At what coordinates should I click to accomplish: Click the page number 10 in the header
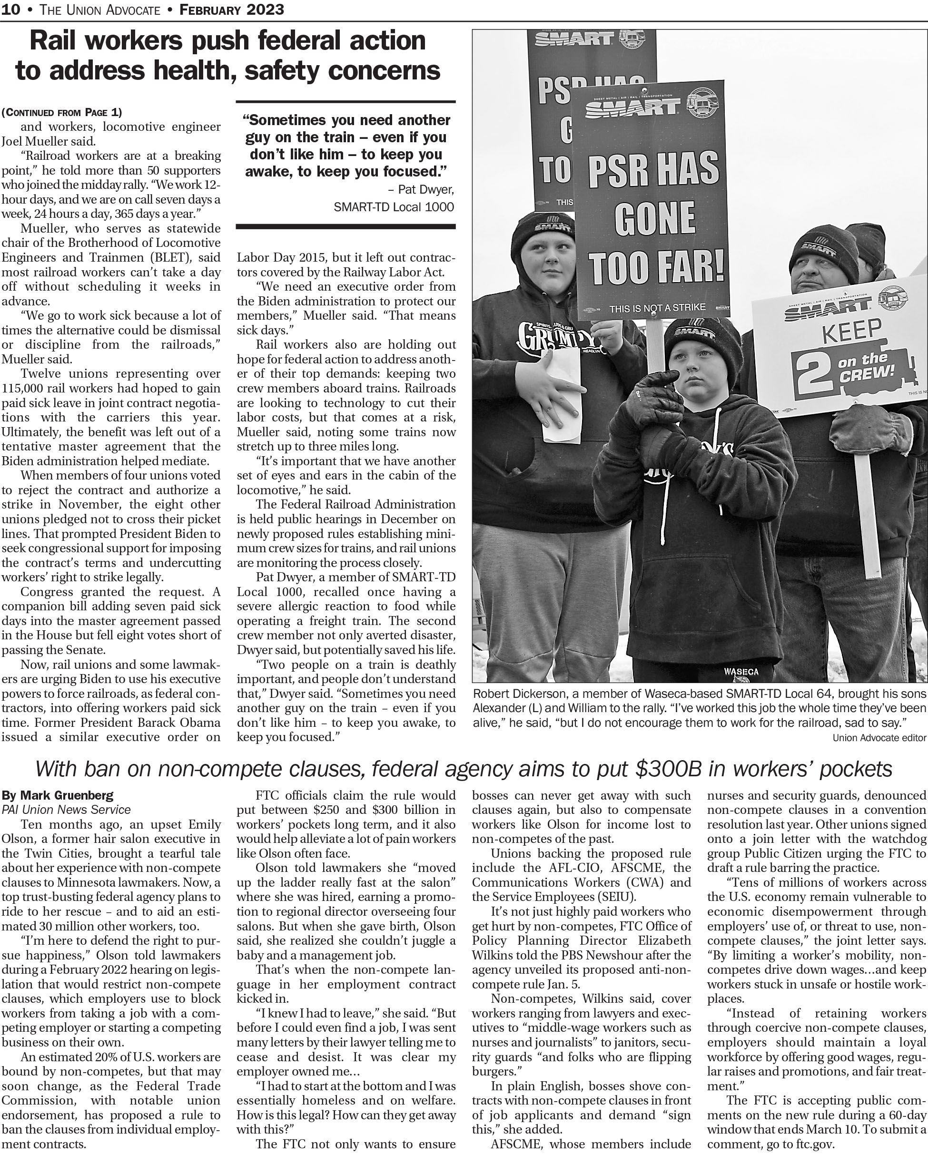pos(11,9)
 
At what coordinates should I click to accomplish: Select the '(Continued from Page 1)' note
pos(61,112)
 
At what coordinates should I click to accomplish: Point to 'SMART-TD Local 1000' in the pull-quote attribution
pos(394,206)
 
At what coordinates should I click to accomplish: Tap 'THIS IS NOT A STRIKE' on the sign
pos(657,308)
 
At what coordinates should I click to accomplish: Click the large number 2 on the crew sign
pos(814,373)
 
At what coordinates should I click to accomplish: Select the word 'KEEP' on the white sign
pos(851,331)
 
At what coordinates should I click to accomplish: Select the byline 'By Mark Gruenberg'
pos(57,795)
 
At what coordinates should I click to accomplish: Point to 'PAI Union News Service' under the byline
pos(66,810)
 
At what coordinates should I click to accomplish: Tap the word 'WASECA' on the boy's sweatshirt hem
pos(740,671)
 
